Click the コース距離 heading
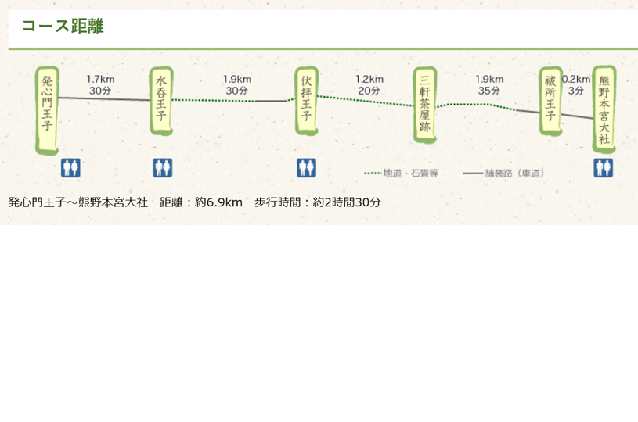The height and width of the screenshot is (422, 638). click(63, 26)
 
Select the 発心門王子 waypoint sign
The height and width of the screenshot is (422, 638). click(47, 110)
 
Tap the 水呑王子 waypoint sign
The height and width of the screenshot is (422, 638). click(161, 101)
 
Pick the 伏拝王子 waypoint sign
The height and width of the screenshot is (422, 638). click(306, 101)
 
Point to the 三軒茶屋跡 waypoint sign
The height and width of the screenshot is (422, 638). click(425, 105)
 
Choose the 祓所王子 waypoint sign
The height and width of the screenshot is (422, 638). click(550, 101)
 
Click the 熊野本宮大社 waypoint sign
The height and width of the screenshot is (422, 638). click(604, 109)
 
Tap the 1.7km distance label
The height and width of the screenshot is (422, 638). click(100, 79)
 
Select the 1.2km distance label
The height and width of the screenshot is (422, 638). click(369, 79)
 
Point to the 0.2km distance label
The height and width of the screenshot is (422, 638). click(576, 79)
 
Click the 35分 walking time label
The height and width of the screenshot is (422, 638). click(489, 91)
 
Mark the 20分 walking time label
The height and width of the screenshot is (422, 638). click(369, 91)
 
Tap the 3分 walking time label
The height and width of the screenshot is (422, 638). click(575, 91)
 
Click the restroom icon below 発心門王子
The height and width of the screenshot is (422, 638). click(70, 168)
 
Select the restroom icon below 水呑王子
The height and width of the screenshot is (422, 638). click(163, 168)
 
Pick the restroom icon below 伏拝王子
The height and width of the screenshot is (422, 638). click(306, 168)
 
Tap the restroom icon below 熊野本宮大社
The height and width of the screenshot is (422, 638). click(603, 168)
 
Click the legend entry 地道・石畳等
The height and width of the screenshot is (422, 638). click(401, 173)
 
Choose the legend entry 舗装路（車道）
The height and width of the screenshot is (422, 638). click(503, 173)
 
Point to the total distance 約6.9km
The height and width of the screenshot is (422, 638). click(218, 202)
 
